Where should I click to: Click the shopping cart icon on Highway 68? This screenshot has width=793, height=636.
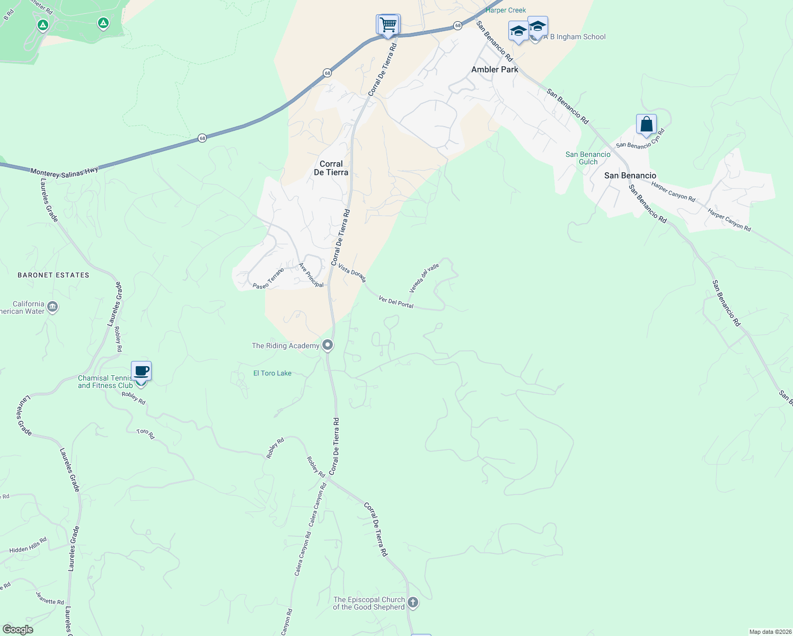[389, 24]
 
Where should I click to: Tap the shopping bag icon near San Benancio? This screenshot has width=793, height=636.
[646, 125]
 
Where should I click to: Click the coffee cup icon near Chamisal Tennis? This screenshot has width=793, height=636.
[141, 370]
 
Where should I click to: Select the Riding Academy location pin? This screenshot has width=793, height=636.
[328, 345]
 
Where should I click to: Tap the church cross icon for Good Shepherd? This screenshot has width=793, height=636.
[413, 603]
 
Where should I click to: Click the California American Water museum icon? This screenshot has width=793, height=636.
[52, 307]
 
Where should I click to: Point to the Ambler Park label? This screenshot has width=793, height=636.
[495, 69]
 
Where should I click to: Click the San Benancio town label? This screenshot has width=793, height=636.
[630, 175]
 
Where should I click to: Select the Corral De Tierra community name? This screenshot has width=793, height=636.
[331, 168]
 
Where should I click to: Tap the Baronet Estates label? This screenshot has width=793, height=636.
[54, 275]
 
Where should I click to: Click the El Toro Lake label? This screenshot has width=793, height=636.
[272, 373]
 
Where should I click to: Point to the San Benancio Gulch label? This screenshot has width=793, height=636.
[587, 158]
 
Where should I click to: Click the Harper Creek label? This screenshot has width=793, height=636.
[506, 10]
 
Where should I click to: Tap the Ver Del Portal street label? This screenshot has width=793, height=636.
[396, 302]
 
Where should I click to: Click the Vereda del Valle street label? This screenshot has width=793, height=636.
[424, 278]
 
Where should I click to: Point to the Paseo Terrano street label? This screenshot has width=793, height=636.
[268, 279]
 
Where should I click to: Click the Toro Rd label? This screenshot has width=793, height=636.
[145, 434]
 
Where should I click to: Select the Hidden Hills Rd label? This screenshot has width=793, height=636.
[28, 546]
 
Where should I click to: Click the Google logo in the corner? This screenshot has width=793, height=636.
[17, 629]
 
